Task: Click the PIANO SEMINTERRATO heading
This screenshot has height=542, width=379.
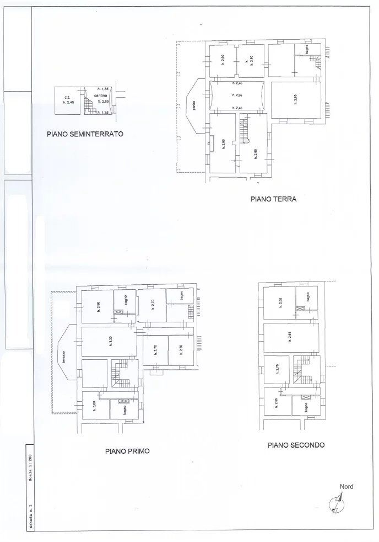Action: point(84,133)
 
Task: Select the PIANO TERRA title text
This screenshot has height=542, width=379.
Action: point(273,200)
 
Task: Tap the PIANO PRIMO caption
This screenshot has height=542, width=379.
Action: point(127,450)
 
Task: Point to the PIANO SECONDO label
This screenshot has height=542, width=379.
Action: point(296,445)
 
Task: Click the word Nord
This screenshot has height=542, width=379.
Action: point(346,486)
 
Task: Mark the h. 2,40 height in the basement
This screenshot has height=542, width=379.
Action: point(68,103)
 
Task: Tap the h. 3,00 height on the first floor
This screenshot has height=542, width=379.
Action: point(94,405)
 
